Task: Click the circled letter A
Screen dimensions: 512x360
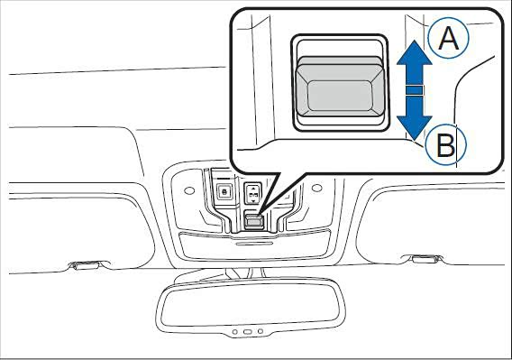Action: point(449,38)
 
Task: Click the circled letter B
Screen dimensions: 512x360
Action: point(446,145)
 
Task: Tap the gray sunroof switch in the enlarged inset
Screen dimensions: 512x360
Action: point(340,87)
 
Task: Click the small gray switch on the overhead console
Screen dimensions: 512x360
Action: point(253,221)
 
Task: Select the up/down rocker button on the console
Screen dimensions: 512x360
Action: point(252,194)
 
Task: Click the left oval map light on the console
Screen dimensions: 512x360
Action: point(189,190)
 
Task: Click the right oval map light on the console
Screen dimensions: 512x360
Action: point(317,188)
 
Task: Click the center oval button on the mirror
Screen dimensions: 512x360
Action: point(248,332)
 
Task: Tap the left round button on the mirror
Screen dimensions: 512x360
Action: point(234,332)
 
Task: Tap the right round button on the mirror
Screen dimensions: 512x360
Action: point(261,331)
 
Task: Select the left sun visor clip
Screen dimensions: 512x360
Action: point(89,264)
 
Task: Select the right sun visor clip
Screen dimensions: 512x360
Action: point(423,259)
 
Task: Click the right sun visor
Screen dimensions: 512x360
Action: point(431,222)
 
